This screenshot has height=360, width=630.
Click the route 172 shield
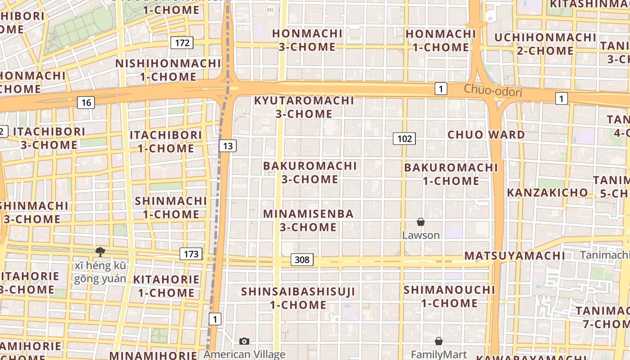(182, 43)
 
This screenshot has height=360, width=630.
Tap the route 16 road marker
(86, 103)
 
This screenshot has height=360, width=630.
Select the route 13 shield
(228, 145)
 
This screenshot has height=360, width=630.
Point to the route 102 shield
(404, 139)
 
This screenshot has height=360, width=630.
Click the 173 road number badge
(191, 254)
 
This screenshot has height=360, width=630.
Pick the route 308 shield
(302, 260)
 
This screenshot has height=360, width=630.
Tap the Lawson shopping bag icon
(421, 222)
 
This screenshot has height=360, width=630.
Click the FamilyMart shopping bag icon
(439, 341)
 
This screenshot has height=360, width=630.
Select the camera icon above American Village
(244, 341)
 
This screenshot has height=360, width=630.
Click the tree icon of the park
(100, 252)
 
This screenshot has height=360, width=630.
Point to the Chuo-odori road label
(493, 90)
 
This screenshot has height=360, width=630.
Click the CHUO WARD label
(486, 135)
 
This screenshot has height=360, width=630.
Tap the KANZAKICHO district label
(548, 193)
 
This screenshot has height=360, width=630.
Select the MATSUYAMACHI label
(515, 256)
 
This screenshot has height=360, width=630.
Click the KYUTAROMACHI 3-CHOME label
(304, 107)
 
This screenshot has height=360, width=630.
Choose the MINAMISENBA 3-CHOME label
(308, 220)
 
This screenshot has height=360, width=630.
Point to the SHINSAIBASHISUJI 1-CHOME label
(298, 298)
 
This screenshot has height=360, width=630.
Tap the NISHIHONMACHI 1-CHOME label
(168, 70)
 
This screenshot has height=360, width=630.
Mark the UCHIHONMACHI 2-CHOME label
(545, 44)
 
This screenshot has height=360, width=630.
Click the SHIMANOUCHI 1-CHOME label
(449, 296)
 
